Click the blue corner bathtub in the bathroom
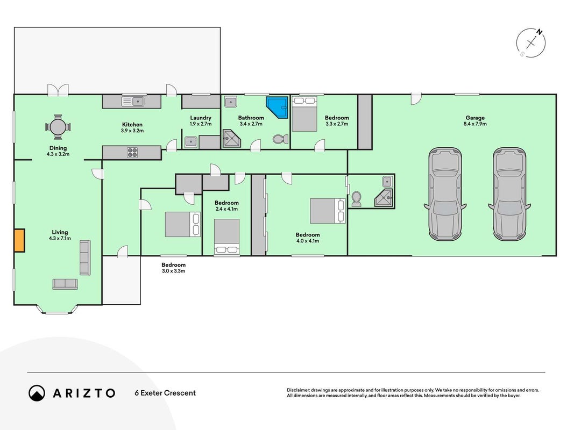(x=278, y=107)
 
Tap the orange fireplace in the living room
(x=19, y=240)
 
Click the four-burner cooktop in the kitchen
(x=132, y=153)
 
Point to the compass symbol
(x=531, y=43)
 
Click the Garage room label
(x=475, y=118)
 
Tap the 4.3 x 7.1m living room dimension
(x=60, y=239)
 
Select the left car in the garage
(x=445, y=194)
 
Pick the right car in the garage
(x=509, y=194)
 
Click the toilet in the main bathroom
(x=280, y=139)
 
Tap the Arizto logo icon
(x=37, y=393)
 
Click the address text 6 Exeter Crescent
(x=165, y=393)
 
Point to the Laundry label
(x=201, y=118)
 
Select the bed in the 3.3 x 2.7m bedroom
(x=304, y=114)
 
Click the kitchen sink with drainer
(x=132, y=101)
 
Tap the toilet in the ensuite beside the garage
(x=356, y=198)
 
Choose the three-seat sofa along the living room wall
(x=85, y=258)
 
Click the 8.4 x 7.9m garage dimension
(x=475, y=124)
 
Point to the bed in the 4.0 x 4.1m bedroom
(x=328, y=211)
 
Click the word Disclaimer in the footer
(x=298, y=390)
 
